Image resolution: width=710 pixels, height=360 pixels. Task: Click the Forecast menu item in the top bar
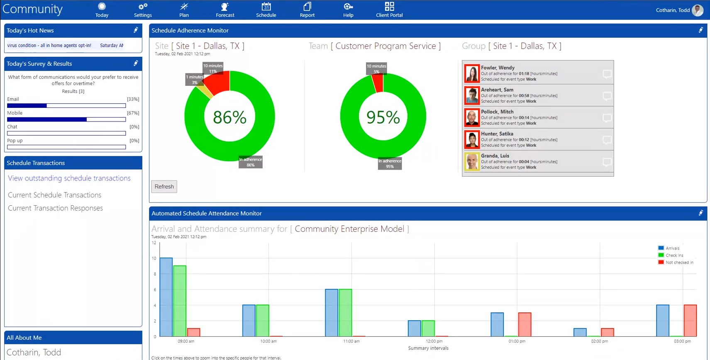click(225, 10)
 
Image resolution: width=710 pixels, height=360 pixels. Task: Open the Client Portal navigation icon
click(389, 10)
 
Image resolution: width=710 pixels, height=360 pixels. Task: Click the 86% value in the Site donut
click(229, 117)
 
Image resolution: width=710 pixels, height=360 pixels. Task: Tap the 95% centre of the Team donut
click(383, 117)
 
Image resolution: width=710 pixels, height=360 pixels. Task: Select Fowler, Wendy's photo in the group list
click(472, 73)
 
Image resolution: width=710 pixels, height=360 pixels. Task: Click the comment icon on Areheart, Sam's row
click(607, 96)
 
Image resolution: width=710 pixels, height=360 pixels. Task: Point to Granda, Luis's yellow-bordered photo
click(472, 162)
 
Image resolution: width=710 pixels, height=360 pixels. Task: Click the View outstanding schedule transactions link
click(69, 178)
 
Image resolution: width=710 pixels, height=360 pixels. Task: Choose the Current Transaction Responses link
click(55, 208)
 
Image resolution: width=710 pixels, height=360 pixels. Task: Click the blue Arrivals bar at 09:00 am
click(166, 297)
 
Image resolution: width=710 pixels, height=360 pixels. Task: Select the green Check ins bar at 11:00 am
click(345, 313)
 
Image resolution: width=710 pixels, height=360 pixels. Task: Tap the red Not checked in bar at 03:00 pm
click(690, 321)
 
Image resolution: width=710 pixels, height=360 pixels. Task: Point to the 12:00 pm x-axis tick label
click(434, 341)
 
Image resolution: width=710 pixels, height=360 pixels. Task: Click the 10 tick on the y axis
click(154, 258)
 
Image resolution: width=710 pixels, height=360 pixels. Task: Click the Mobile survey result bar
click(66, 119)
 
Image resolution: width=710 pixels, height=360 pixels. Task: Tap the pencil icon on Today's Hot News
click(136, 30)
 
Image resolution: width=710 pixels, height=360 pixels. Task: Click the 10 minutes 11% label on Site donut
click(213, 68)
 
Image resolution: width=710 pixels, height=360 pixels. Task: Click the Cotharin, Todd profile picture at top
click(698, 10)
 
